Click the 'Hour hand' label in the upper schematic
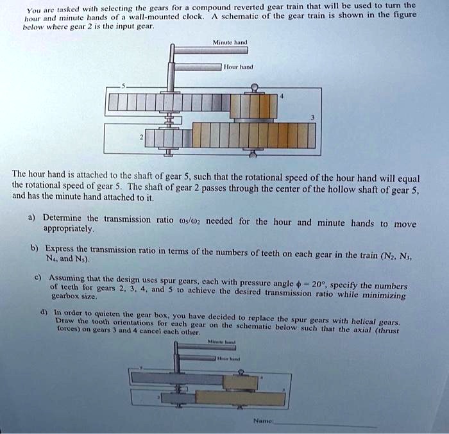click(239, 66)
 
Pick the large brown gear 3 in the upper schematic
click(253, 135)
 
